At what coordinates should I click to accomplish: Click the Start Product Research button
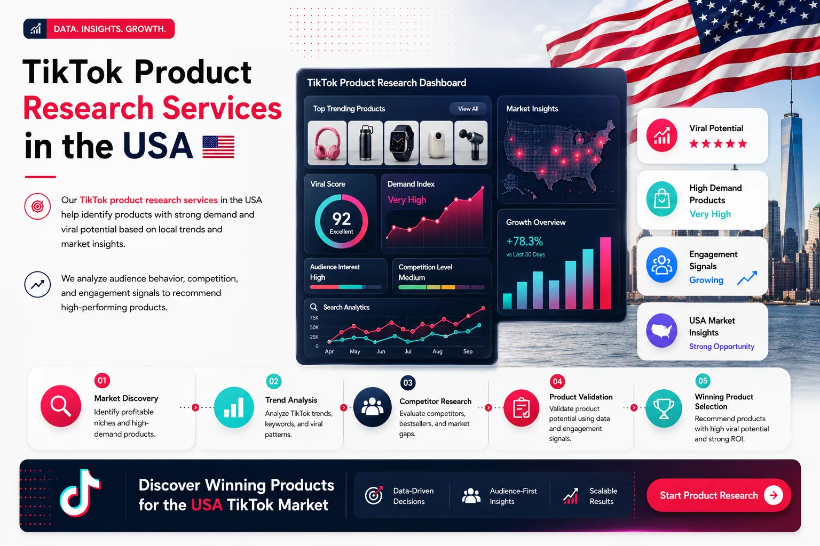tap(718, 495)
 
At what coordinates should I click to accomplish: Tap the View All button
tap(468, 109)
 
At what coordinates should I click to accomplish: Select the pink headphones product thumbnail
tap(327, 142)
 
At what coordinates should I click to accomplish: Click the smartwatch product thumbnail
tap(401, 142)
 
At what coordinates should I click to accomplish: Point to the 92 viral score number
tap(342, 219)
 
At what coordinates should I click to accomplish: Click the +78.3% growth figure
tap(524, 242)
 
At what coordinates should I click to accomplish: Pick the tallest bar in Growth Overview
tap(605, 273)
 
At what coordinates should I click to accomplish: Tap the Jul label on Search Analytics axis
tap(408, 351)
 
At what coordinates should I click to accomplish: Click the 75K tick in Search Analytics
tap(314, 318)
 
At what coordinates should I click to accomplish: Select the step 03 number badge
tap(408, 383)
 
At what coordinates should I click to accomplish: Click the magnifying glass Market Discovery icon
tap(61, 406)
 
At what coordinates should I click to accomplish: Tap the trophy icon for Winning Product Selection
tap(664, 408)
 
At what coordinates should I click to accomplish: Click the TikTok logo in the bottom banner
tap(80, 493)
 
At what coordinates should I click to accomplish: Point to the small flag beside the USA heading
tap(218, 147)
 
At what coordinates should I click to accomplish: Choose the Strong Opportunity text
tap(722, 347)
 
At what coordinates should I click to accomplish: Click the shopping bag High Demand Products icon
tap(661, 199)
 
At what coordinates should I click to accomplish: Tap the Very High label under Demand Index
tap(407, 199)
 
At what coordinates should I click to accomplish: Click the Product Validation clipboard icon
tap(521, 408)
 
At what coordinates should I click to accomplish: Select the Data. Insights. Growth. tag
tap(99, 29)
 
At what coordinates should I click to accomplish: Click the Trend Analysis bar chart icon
tap(234, 407)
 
